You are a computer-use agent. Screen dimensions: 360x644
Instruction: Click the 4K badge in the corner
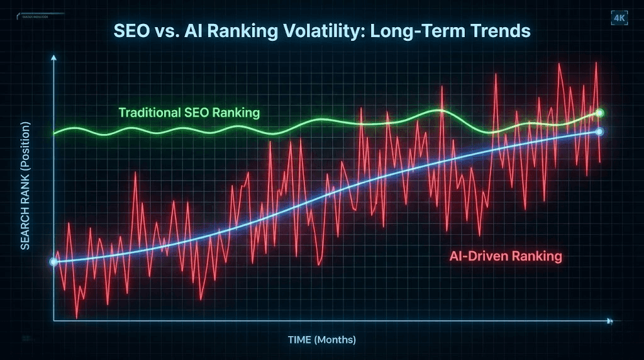click(619, 18)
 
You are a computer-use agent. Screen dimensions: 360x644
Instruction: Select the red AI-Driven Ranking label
click(506, 257)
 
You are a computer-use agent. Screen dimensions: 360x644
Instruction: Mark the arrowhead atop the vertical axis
click(53, 58)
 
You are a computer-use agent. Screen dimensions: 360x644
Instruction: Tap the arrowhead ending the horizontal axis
click(609, 321)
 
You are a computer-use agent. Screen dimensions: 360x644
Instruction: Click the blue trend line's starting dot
click(53, 262)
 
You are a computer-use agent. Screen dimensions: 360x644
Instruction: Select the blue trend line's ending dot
click(599, 132)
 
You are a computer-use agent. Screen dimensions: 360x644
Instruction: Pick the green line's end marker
click(599, 113)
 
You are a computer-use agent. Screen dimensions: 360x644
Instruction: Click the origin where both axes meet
click(54, 321)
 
